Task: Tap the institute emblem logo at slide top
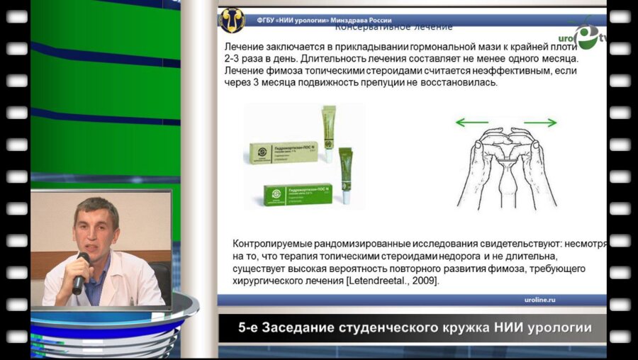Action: pos(232,20)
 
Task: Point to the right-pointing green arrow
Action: pos(540,123)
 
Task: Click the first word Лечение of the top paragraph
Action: pos(244,46)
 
